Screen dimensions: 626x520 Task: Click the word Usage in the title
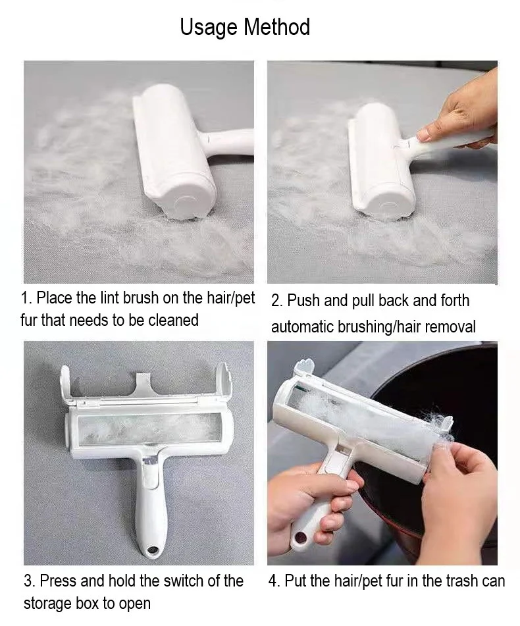(x=209, y=28)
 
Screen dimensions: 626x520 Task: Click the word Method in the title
(x=276, y=28)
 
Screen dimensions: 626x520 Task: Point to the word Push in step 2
(x=305, y=301)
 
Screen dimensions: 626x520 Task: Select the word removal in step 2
(x=450, y=326)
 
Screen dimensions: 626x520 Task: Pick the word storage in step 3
(x=47, y=603)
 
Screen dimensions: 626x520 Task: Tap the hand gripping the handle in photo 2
(x=461, y=115)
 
